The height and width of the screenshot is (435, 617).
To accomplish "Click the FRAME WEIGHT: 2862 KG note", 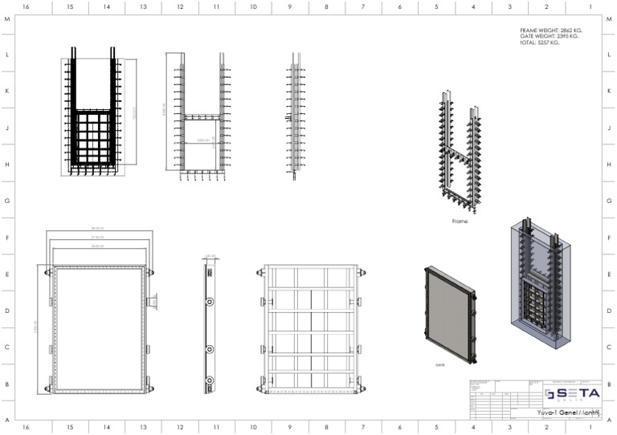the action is point(550,30).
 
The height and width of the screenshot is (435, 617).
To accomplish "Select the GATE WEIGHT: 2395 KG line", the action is point(549,36).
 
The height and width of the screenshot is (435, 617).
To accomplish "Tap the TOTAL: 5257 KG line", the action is point(541,43).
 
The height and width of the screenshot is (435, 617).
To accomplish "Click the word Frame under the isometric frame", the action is point(460,221).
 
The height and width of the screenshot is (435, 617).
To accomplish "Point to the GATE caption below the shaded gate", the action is point(440,364).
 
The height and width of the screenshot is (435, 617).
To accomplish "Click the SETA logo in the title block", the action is point(572,393).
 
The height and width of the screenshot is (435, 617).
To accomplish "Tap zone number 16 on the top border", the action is point(26,6).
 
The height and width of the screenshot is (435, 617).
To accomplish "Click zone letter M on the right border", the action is point(610,19).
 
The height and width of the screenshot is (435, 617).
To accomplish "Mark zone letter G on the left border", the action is point(6,201).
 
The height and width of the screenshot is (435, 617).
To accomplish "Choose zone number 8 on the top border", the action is point(326,6).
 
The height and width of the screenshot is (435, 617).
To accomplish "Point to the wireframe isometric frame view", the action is point(460,152).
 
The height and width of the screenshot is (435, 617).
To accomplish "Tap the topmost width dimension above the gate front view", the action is point(97,230).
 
